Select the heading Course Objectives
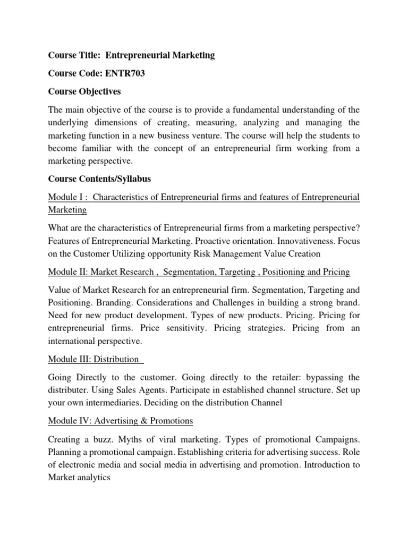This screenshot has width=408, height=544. point(84,92)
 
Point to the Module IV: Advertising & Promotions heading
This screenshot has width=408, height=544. point(121,421)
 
